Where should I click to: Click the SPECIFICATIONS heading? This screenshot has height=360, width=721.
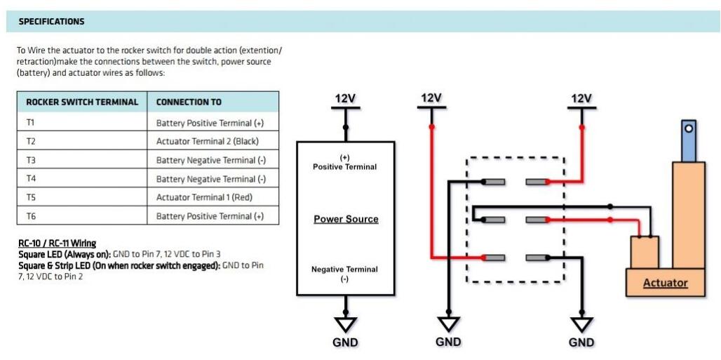[x=51, y=22]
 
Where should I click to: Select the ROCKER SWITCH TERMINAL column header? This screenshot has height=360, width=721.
[x=82, y=102]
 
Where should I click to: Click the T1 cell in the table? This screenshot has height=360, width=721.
[x=31, y=123]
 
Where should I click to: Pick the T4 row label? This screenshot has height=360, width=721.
[x=31, y=179]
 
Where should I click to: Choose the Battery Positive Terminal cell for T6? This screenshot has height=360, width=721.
[x=210, y=216]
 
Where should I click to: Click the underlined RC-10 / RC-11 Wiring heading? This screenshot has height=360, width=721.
[x=58, y=244]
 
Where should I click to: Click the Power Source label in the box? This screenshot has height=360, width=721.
[x=346, y=220]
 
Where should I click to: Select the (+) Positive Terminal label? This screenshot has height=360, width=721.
[x=344, y=163]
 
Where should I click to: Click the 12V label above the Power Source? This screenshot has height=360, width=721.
[x=345, y=99]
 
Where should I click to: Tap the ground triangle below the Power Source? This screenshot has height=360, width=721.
[x=345, y=324]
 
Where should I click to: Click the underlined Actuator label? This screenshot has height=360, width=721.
[x=666, y=284]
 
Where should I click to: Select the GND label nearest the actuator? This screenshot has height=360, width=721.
[x=581, y=342]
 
